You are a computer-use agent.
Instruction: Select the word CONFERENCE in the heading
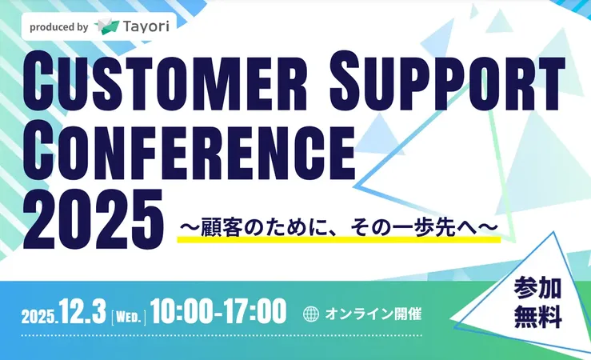coord(188,149)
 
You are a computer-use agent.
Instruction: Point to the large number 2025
coord(88,215)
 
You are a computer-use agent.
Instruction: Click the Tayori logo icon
coord(106,26)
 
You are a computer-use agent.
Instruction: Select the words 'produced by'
coord(58,26)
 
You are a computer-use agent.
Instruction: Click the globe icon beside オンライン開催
coord(312,314)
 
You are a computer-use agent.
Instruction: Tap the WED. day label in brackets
coord(128,314)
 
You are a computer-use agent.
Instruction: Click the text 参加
coord(538,286)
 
